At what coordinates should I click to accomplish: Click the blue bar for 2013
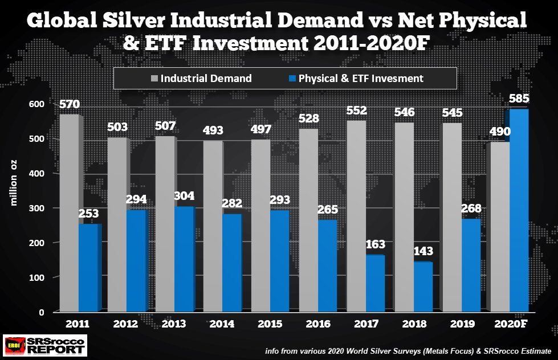[x=184, y=259]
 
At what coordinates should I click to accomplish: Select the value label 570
[x=70, y=105]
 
